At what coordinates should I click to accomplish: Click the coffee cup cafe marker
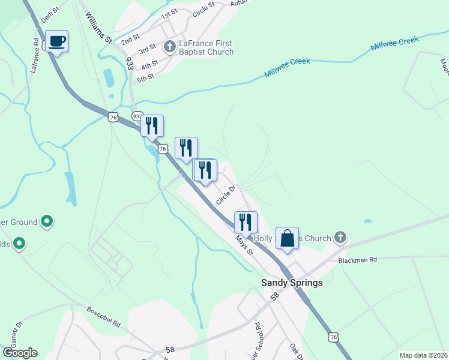click(x=56, y=41)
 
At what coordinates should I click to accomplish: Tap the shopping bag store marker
click(x=287, y=238)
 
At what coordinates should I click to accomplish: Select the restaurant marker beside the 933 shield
click(x=152, y=125)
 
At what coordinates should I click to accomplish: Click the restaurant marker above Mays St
click(x=246, y=222)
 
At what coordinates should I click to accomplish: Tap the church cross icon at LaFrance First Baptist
click(x=170, y=46)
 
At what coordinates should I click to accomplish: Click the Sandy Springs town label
click(x=291, y=283)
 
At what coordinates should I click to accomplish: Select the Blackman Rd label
click(x=357, y=260)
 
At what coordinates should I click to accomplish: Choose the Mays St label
click(x=244, y=245)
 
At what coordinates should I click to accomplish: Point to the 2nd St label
click(x=130, y=41)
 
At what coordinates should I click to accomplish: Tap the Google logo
click(x=20, y=353)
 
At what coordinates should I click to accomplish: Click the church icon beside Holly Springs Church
click(x=340, y=238)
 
